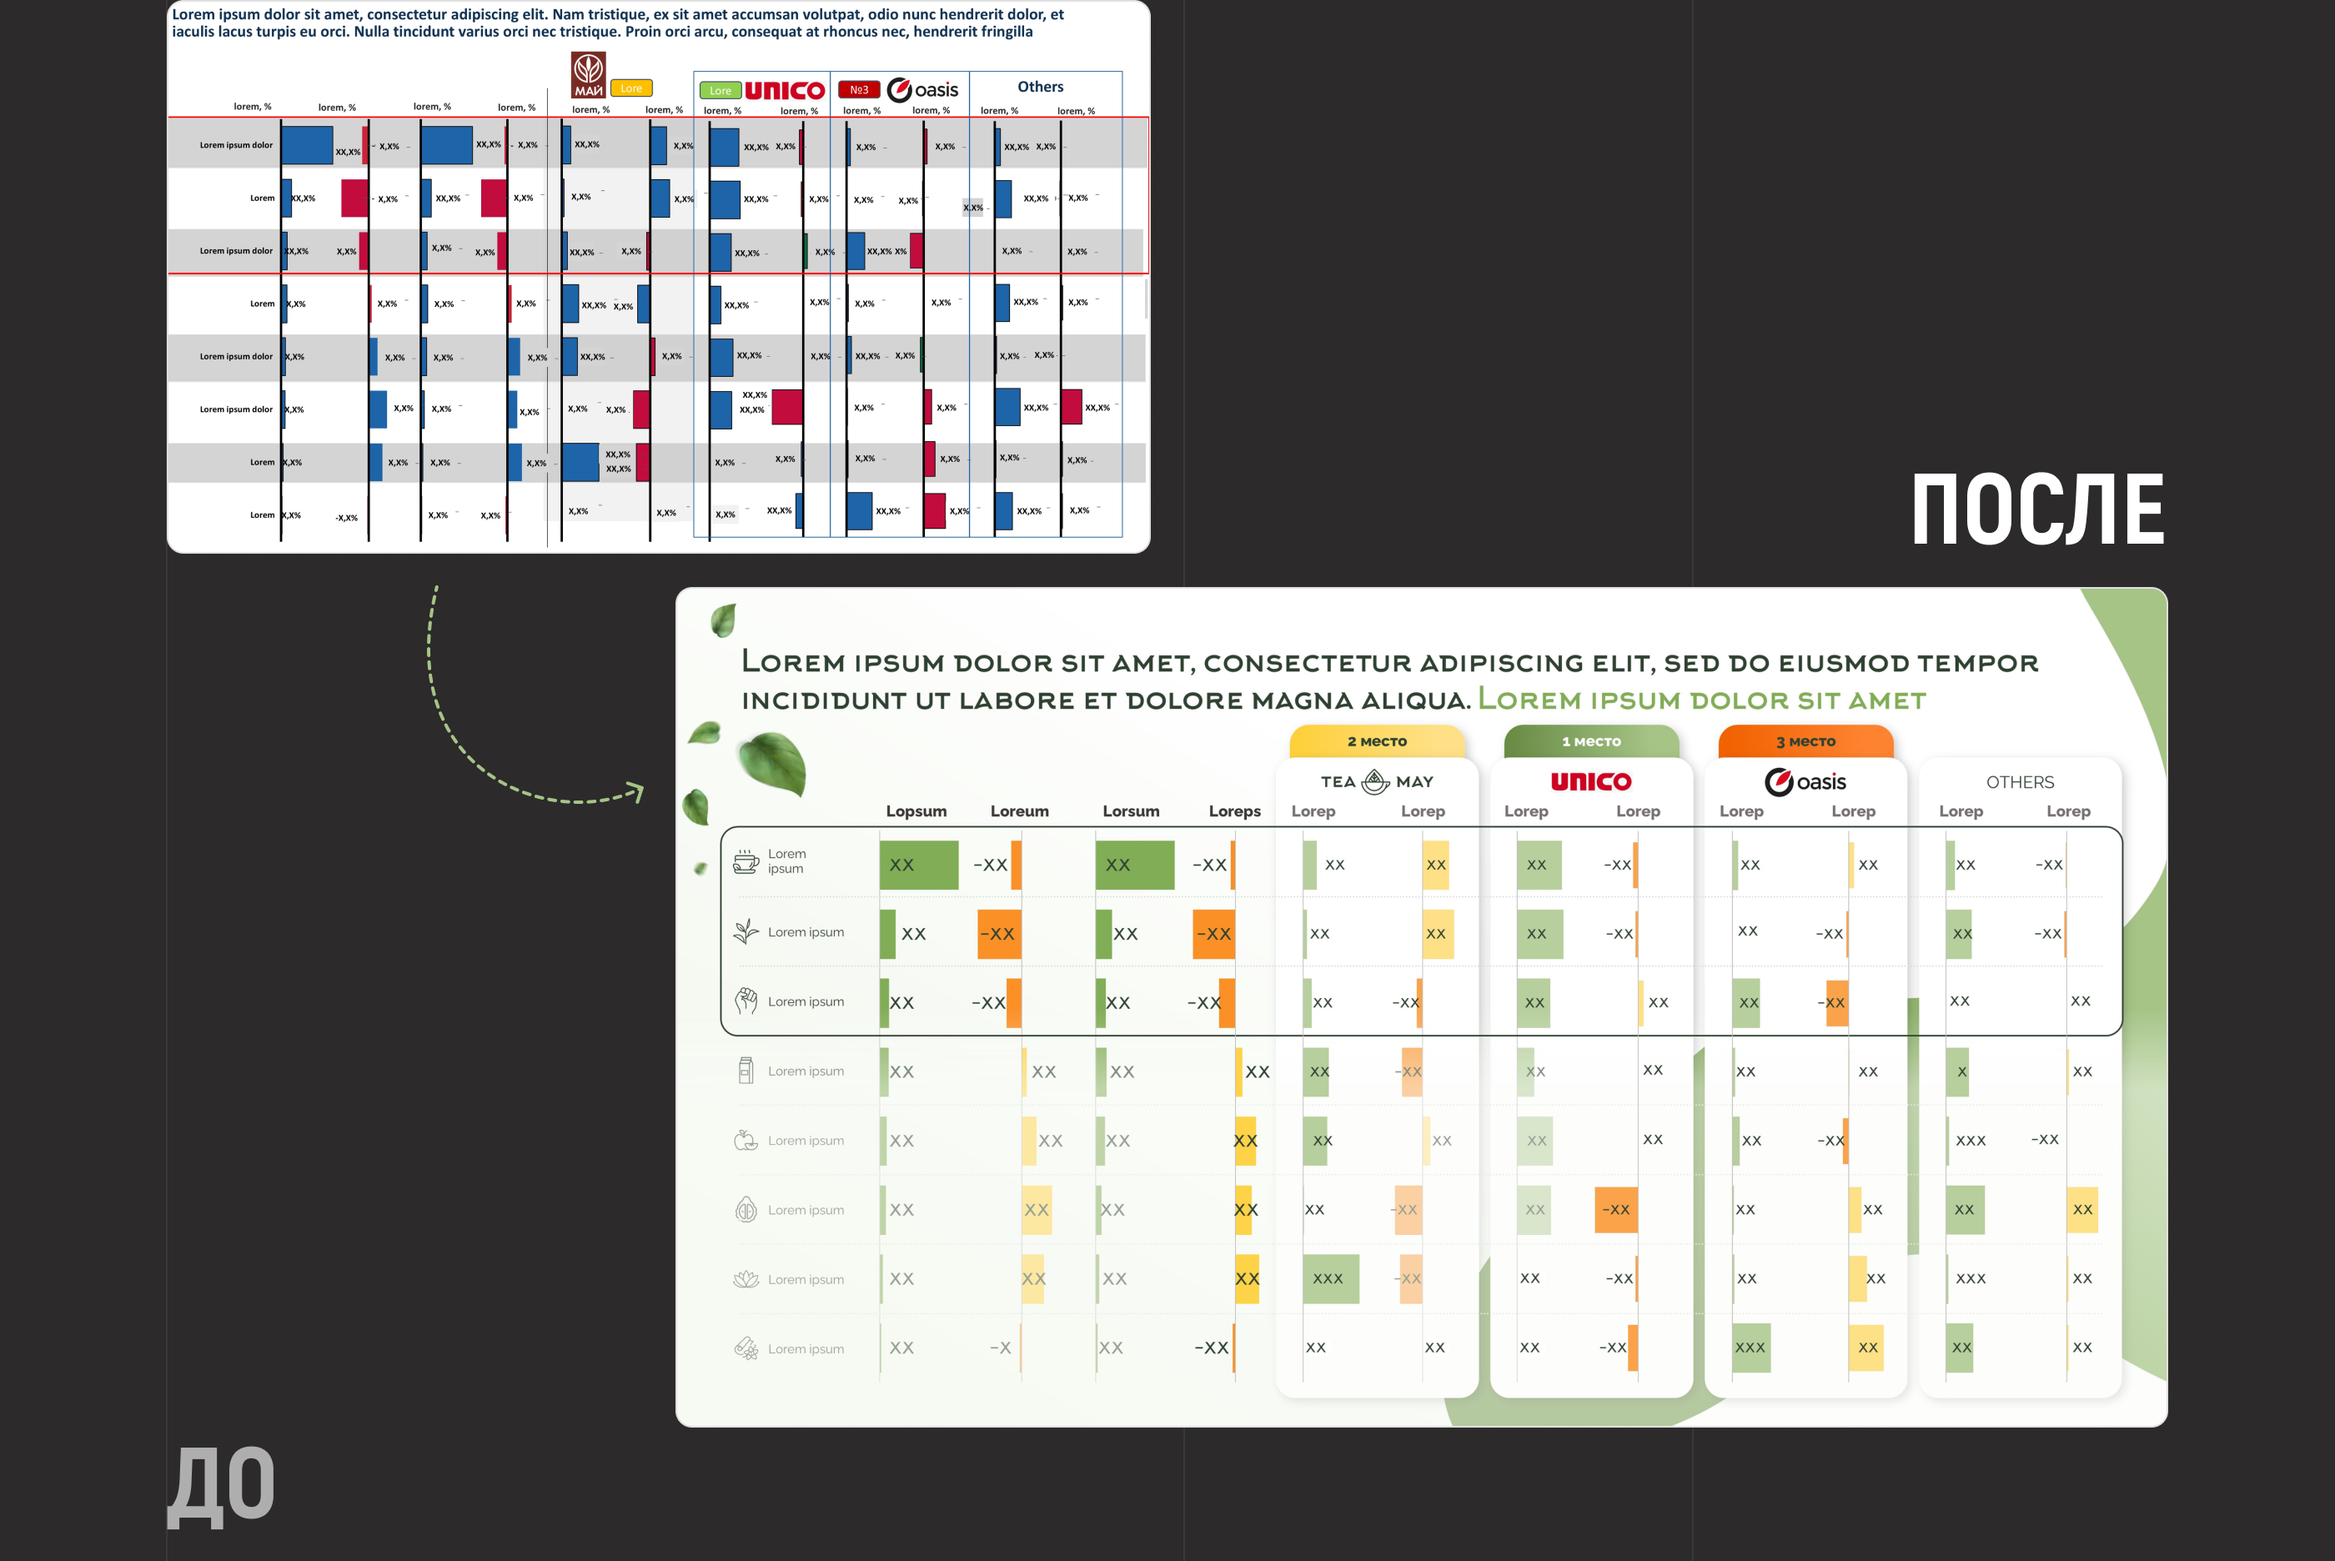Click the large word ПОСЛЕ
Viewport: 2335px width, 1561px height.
pyautogui.click(x=2036, y=509)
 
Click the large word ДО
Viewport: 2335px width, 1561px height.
pyautogui.click(x=221, y=1485)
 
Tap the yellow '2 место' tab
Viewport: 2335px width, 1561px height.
pyautogui.click(x=1377, y=741)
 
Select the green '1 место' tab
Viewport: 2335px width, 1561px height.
pyautogui.click(x=1590, y=741)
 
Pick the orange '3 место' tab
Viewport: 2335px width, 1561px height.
pyautogui.click(x=1805, y=741)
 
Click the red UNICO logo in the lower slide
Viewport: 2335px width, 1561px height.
pyautogui.click(x=1590, y=781)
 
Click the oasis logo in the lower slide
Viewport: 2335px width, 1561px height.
pyautogui.click(x=1805, y=781)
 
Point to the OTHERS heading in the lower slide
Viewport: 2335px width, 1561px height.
pyautogui.click(x=2020, y=782)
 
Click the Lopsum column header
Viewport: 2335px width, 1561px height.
pyautogui.click(x=916, y=811)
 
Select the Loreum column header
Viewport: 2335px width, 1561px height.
pyautogui.click(x=1019, y=811)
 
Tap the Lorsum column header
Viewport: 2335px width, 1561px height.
pyautogui.click(x=1131, y=811)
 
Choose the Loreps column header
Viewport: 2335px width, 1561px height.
pyautogui.click(x=1234, y=811)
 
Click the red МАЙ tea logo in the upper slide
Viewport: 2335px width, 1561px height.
pyautogui.click(x=588, y=75)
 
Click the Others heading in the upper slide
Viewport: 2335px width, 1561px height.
pyautogui.click(x=1040, y=87)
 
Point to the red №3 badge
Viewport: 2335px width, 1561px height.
pyautogui.click(x=858, y=89)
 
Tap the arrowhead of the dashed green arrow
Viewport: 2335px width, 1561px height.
pyautogui.click(x=637, y=791)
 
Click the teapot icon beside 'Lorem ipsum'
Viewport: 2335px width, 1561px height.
pyautogui.click(x=746, y=861)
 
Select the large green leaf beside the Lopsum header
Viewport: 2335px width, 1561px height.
pyautogui.click(x=771, y=763)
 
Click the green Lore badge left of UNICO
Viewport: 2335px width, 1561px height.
pyautogui.click(x=720, y=91)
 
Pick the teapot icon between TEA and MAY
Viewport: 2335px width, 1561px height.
pyautogui.click(x=1374, y=781)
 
